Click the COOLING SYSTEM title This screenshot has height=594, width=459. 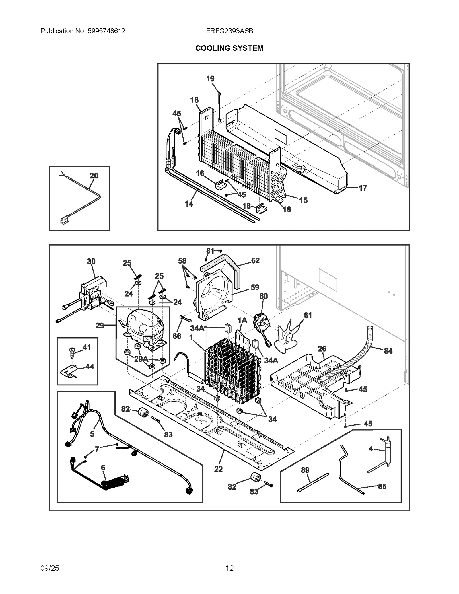(229, 48)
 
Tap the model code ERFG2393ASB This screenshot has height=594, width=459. (229, 31)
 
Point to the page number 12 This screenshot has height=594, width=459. (229, 568)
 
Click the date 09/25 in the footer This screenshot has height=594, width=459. (50, 568)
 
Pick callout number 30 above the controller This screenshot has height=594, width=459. (91, 261)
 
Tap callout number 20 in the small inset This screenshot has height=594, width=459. (94, 176)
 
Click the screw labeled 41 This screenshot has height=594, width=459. (72, 352)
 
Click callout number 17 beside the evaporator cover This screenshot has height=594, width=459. (363, 188)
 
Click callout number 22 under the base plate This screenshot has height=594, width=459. (218, 469)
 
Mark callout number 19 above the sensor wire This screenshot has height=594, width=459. (210, 79)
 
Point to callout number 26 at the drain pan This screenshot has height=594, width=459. (322, 349)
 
